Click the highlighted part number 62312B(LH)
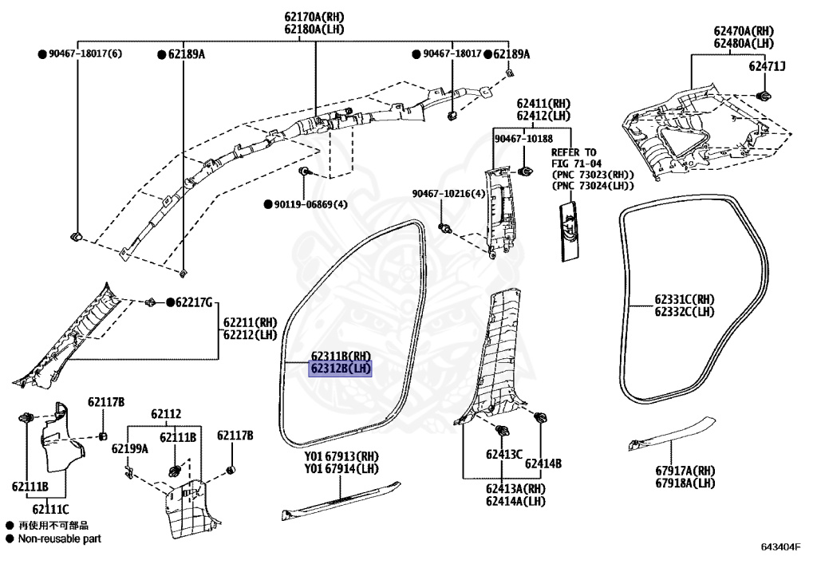(x=341, y=369)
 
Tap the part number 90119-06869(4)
(x=311, y=204)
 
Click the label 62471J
(x=767, y=66)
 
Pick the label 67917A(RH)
(x=685, y=471)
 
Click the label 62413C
(x=504, y=455)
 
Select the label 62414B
(x=546, y=463)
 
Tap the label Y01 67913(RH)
(x=341, y=456)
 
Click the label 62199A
(x=130, y=448)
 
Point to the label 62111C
(x=51, y=508)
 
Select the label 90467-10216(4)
(x=448, y=194)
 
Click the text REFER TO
(x=574, y=152)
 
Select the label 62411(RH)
(x=543, y=104)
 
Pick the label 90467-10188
(x=523, y=138)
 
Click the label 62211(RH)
(x=249, y=322)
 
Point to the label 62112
(x=166, y=414)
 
